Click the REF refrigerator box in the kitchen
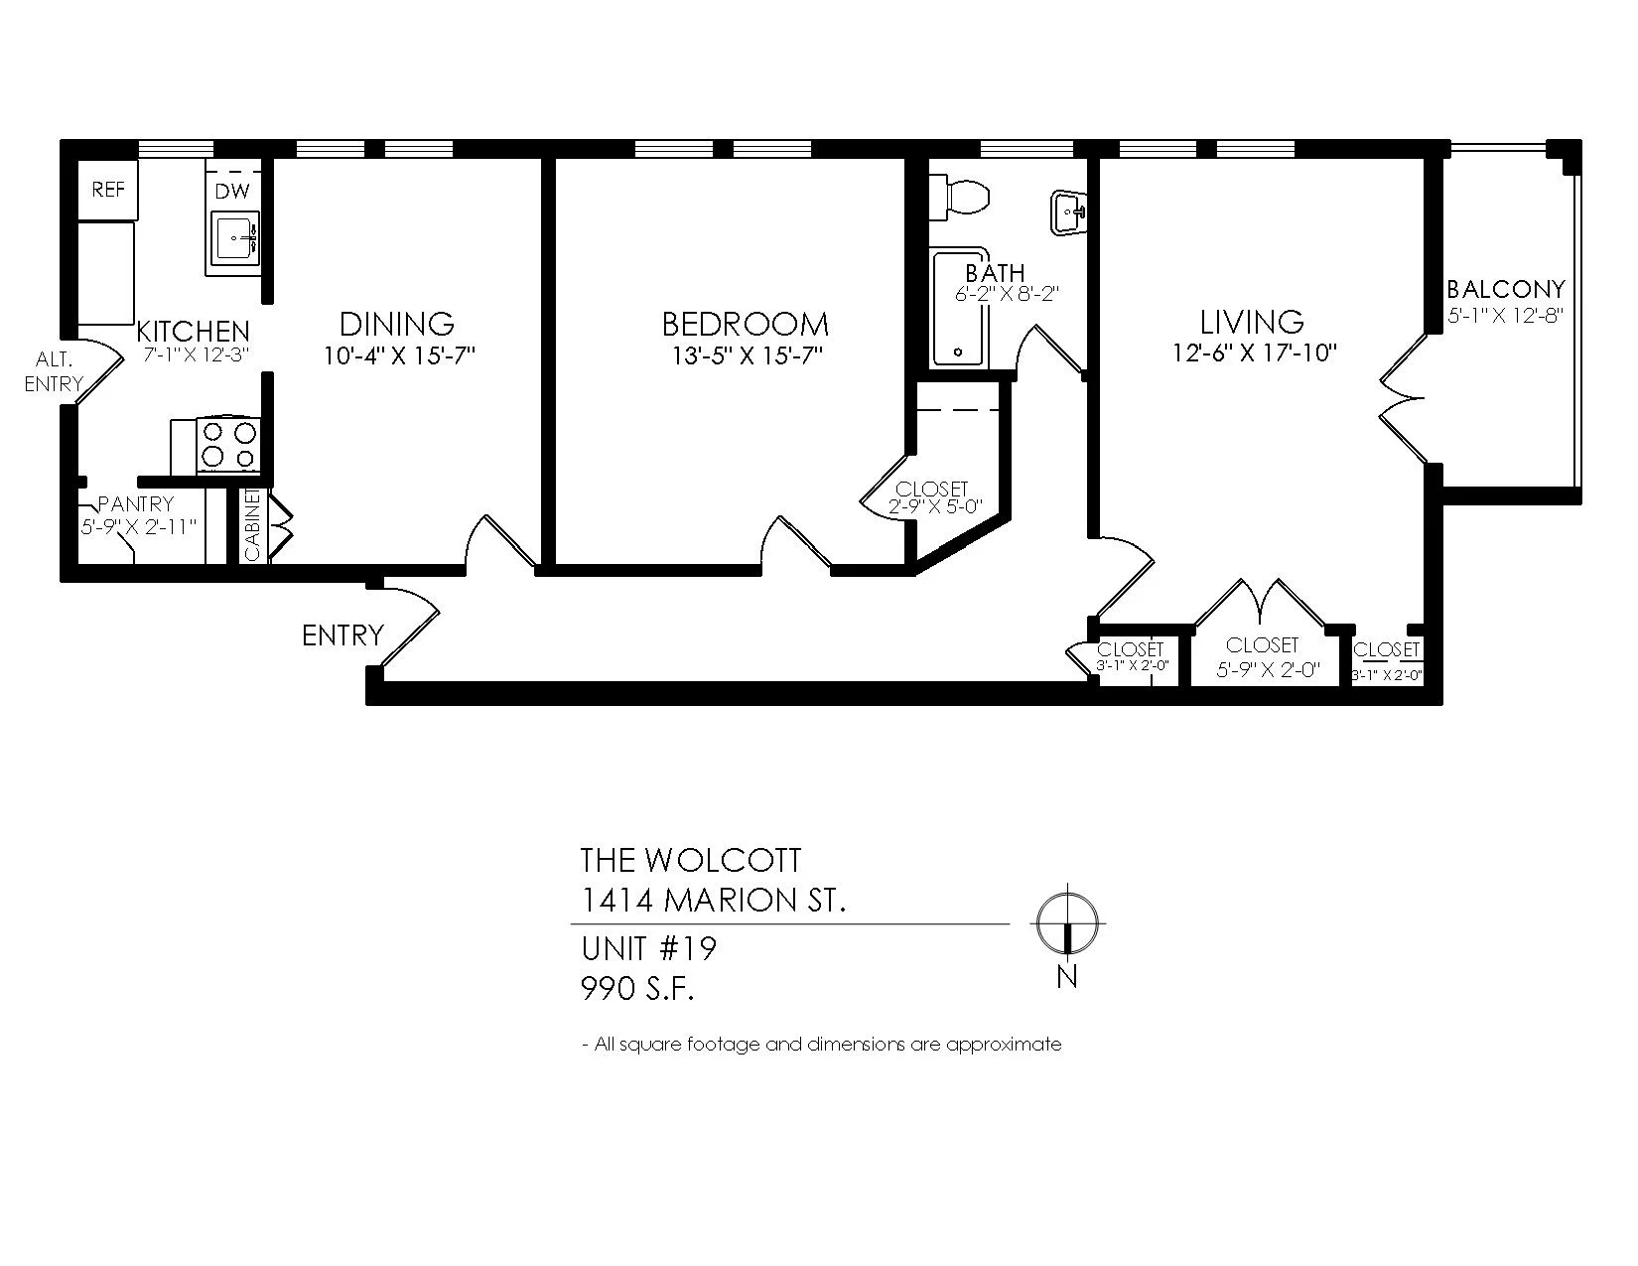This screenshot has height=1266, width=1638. (108, 190)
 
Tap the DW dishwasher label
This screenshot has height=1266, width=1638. (232, 192)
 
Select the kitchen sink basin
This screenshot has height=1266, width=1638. (234, 238)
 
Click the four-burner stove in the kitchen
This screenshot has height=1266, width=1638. (228, 445)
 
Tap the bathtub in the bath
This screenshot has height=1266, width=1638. (959, 309)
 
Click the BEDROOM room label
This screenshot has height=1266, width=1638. (746, 325)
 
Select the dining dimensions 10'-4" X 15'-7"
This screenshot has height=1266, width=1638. (399, 355)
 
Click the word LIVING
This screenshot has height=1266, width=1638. (1252, 322)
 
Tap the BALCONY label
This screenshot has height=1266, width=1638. (1506, 289)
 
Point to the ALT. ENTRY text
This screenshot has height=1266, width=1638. (54, 371)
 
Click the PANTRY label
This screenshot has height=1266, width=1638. (136, 503)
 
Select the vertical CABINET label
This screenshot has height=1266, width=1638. (252, 524)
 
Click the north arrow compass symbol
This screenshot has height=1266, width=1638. (1066, 922)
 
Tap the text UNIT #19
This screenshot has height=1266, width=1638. (648, 948)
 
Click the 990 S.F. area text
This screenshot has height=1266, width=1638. (637, 989)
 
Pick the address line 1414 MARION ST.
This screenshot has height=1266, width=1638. (713, 901)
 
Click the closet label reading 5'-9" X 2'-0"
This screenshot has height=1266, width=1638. (1268, 670)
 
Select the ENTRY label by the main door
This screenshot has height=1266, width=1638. (342, 635)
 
